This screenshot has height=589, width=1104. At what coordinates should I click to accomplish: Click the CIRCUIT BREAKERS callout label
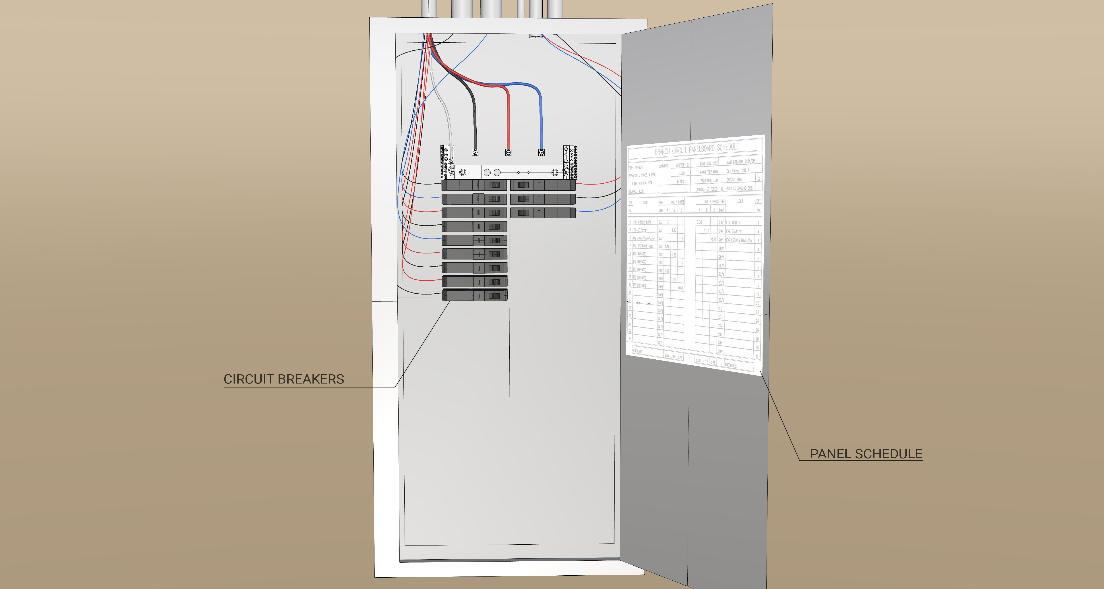tap(284, 379)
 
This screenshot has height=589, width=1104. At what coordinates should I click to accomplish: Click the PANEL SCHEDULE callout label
tap(866, 454)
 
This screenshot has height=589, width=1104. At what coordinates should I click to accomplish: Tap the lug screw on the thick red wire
tap(508, 152)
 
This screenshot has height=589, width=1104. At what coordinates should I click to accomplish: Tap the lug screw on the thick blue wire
tap(541, 152)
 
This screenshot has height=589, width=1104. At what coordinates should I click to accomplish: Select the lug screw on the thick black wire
tap(475, 152)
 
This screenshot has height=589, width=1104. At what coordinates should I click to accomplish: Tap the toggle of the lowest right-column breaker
tap(523, 213)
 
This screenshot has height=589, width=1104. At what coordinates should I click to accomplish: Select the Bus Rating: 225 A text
tap(738, 171)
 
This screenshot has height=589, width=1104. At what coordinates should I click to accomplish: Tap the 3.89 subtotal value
tap(666, 355)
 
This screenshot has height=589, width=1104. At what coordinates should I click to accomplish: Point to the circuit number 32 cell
tap(757, 356)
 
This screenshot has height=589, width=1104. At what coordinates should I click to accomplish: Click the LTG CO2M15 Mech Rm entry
tap(739, 241)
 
